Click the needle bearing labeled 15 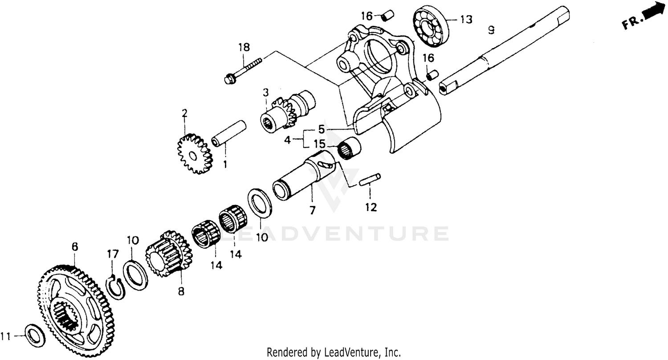[x=349, y=147]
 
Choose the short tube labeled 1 [x=229, y=133]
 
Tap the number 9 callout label [x=491, y=30]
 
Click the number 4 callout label [x=288, y=140]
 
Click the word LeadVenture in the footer [x=351, y=352]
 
